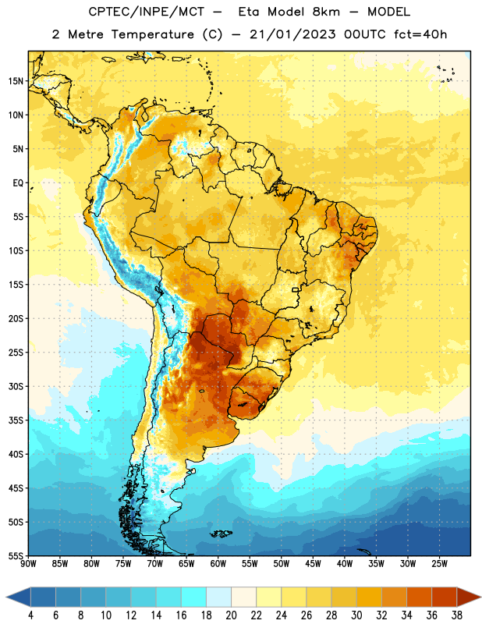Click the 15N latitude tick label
16,81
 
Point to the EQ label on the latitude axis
18,183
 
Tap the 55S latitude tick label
16,555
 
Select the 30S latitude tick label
16,386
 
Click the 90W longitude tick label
29,563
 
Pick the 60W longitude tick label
218,563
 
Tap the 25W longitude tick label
439,563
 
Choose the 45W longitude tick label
314,563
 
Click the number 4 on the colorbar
30,615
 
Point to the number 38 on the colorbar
456,615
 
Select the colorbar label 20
231,615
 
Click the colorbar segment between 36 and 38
445,597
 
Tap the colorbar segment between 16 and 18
194,597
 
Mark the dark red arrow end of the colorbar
469,597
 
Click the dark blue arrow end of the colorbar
18,597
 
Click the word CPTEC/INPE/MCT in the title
147,12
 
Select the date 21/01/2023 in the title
292,34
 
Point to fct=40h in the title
420,34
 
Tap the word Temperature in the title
152,34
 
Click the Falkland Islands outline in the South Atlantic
222,534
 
